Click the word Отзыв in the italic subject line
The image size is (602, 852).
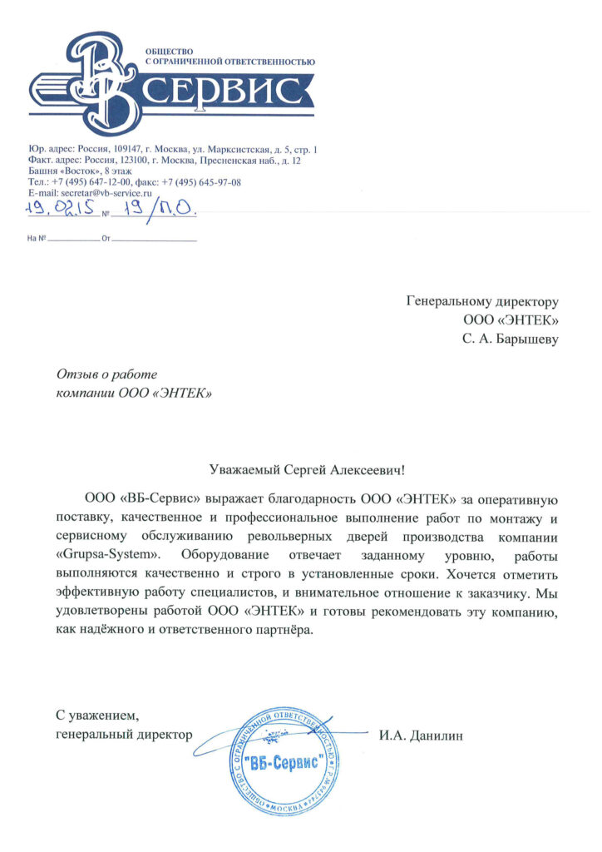tap(76, 374)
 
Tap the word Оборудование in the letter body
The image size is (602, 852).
tap(217, 553)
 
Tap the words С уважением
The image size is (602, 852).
tap(92, 715)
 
